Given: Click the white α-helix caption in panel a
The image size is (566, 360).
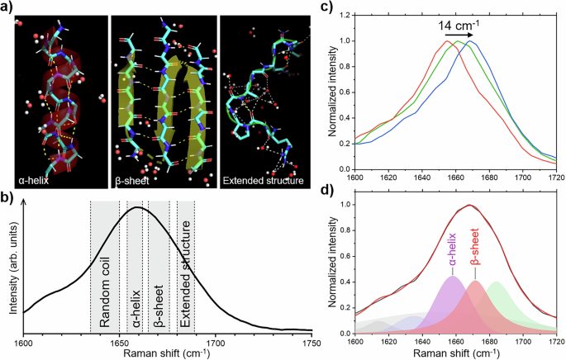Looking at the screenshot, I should point(36,177).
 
